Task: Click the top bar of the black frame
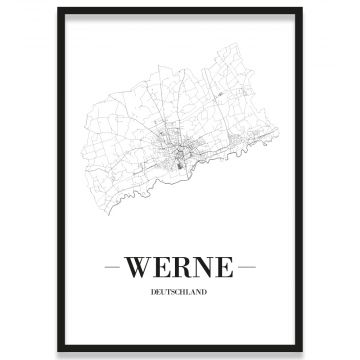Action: pos(180,10)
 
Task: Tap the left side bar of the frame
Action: pos(60,180)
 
